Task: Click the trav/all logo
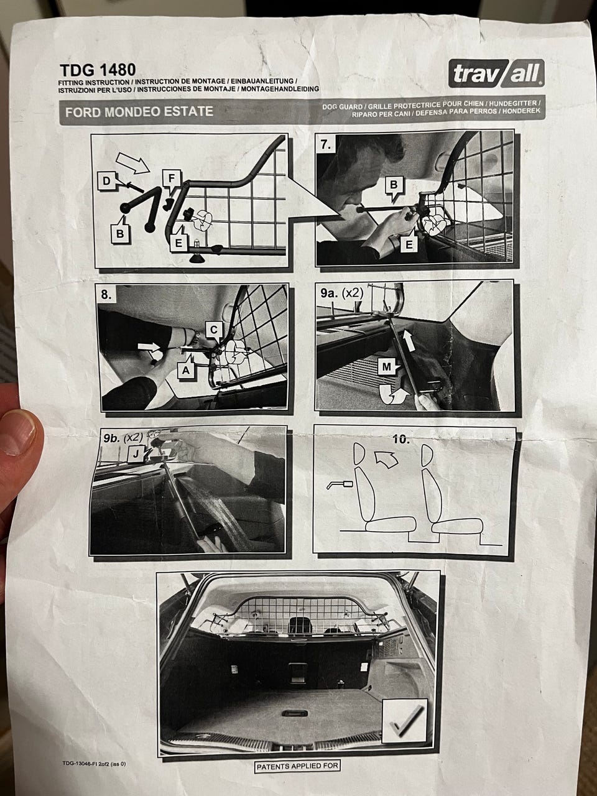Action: tap(496, 73)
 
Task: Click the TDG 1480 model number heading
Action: tap(98, 70)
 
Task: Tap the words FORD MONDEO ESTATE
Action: tap(139, 112)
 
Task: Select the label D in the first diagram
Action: tap(106, 181)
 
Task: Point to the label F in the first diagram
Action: tap(172, 178)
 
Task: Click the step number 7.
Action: tap(326, 145)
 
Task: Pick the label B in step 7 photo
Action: tap(393, 185)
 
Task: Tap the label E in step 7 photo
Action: tap(409, 245)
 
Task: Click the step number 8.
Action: tap(106, 295)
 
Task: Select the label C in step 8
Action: tap(214, 330)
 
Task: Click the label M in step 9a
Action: tap(386, 368)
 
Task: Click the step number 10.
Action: tap(401, 440)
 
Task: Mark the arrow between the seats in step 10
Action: tap(386, 460)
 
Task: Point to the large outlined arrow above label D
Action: tap(133, 162)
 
